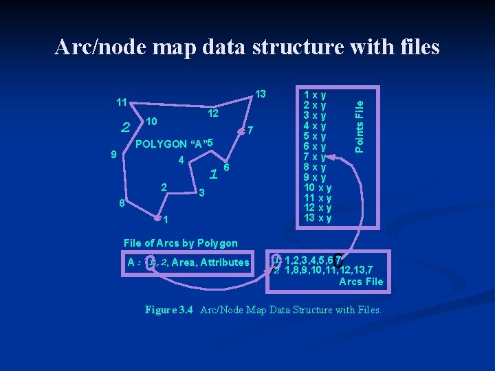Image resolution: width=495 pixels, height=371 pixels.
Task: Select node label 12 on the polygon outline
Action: [x=213, y=113]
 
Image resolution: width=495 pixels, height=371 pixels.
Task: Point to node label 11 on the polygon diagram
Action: [x=121, y=102]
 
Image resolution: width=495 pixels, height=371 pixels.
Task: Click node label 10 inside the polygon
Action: [x=152, y=122]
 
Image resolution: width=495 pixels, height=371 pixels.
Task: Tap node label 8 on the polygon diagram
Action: [x=121, y=203]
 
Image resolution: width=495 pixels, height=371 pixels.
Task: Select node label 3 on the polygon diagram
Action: [x=201, y=194]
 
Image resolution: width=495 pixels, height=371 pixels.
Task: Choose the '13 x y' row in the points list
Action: [x=318, y=218]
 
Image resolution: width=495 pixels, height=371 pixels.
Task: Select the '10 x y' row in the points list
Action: [x=318, y=188]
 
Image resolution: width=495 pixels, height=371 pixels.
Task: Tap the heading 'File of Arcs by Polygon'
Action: [x=180, y=243]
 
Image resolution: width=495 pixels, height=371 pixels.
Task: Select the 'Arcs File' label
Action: [x=361, y=282]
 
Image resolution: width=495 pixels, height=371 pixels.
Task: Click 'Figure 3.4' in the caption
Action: [x=169, y=310]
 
